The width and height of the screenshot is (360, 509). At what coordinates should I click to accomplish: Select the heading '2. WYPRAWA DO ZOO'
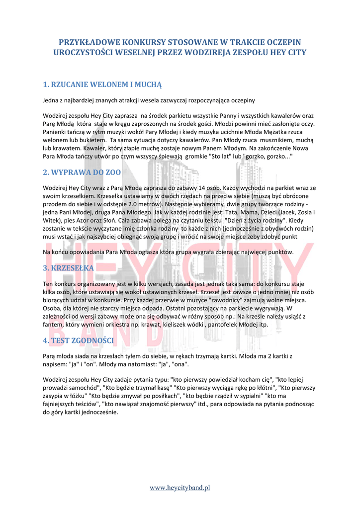[x=82, y=172]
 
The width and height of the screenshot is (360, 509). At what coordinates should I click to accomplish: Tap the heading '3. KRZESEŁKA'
[x=69, y=268]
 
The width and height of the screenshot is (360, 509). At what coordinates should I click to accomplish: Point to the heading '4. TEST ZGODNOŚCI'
[x=79, y=340]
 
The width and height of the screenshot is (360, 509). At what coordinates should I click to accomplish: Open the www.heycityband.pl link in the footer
[x=180, y=488]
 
